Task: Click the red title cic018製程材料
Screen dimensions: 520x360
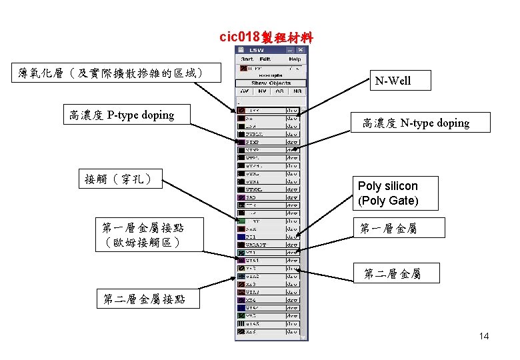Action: coord(266,37)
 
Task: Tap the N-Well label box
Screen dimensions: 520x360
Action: coord(393,81)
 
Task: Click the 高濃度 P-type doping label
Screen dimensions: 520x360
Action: coord(121,115)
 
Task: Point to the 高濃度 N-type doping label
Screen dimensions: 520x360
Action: coord(416,123)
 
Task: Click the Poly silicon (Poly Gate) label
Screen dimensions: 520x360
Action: coord(388,193)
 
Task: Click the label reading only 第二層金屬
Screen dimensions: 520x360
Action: coord(392,273)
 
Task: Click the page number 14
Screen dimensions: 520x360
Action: coord(483,336)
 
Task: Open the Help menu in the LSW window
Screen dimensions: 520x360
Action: coord(294,59)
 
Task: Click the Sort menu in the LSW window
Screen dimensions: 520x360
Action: coord(248,59)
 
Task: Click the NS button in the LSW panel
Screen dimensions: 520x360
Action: coord(297,91)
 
